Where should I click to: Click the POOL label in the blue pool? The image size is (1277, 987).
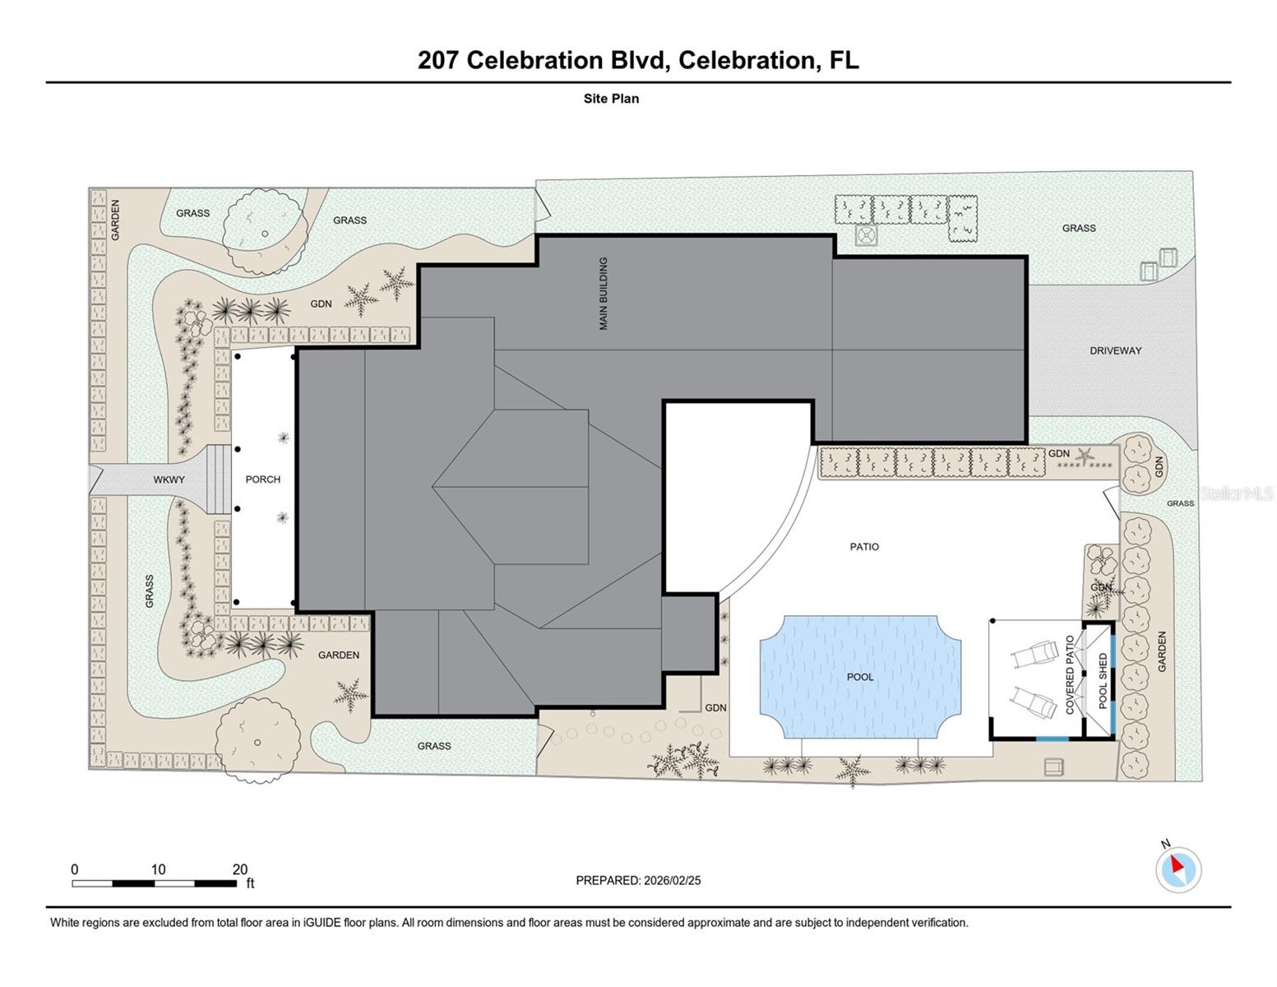tap(860, 677)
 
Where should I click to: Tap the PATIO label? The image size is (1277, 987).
tap(864, 547)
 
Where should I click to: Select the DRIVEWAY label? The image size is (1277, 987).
tap(1115, 350)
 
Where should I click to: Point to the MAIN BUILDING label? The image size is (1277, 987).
tap(604, 294)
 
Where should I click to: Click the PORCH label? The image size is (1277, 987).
tap(263, 480)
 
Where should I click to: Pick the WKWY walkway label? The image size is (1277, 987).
tap(169, 480)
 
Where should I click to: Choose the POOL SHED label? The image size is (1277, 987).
tap(1103, 681)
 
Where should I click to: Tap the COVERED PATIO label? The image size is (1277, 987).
tap(1070, 674)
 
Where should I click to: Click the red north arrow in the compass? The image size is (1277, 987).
tap(1178, 864)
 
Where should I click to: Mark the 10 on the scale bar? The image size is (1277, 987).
tap(158, 869)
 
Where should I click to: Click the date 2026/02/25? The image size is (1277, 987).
tap(672, 880)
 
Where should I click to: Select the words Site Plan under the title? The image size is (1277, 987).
tap(611, 99)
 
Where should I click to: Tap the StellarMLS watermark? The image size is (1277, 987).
tap(1236, 493)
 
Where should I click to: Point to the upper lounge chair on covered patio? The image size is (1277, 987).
tap(1035, 656)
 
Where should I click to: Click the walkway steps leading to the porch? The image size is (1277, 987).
tap(218, 480)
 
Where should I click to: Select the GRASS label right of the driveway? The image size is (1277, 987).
tap(1180, 503)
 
